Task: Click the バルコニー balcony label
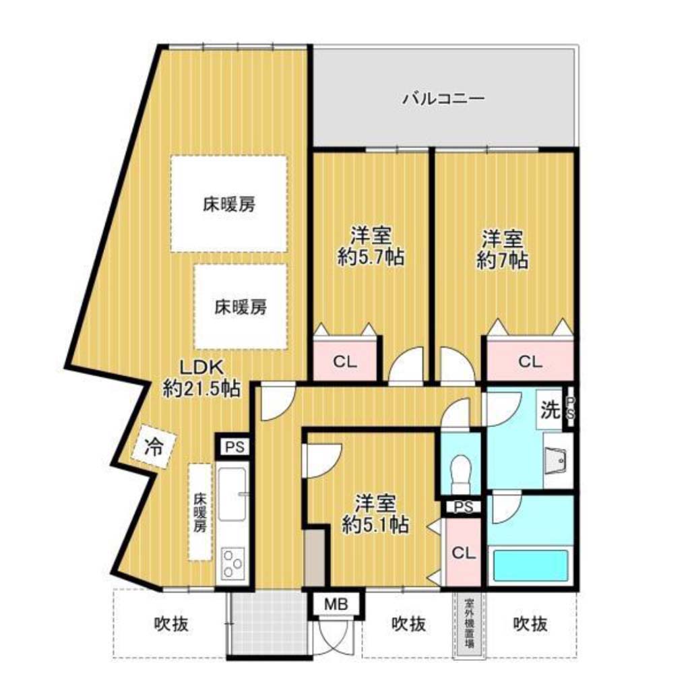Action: click(x=443, y=98)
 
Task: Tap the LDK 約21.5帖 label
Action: click(x=201, y=378)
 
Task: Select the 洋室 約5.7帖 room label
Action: click(x=371, y=246)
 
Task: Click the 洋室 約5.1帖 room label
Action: click(x=375, y=513)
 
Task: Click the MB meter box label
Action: click(x=337, y=604)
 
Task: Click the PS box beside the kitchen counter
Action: click(x=234, y=447)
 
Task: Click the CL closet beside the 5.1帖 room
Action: click(x=463, y=553)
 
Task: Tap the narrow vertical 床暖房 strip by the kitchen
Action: click(x=200, y=512)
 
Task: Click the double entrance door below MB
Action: click(x=337, y=637)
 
